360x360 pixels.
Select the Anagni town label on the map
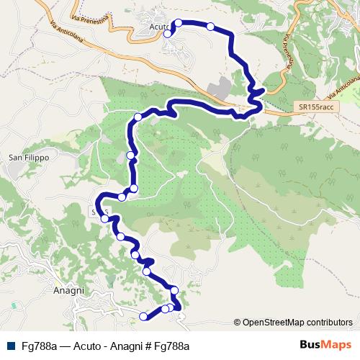(x=70, y=290)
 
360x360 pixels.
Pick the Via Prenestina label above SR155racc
(x=291, y=53)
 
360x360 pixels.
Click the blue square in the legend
(x=9, y=346)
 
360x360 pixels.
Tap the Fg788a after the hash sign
(x=170, y=346)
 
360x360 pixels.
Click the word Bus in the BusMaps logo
(x=309, y=345)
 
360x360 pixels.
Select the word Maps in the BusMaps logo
(x=336, y=345)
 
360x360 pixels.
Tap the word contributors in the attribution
(x=328, y=322)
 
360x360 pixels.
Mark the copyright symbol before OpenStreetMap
(x=238, y=322)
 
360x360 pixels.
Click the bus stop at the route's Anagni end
(x=143, y=316)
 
